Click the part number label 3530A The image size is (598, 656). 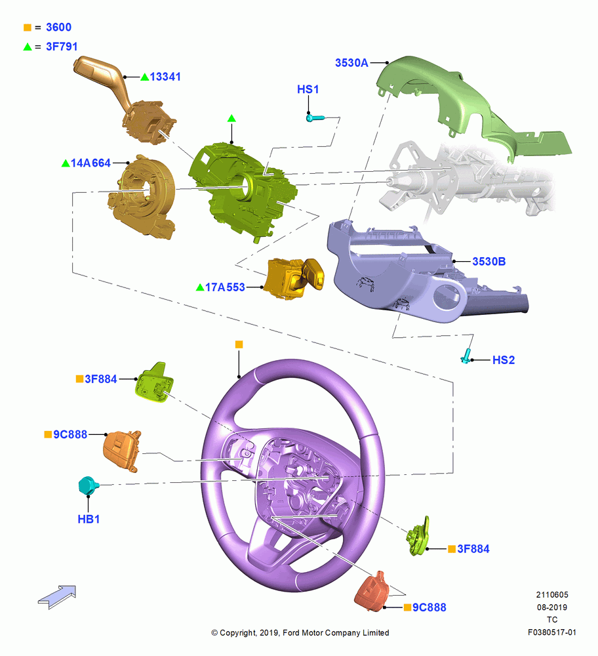pyautogui.click(x=351, y=63)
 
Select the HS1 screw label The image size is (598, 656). pyautogui.click(x=308, y=89)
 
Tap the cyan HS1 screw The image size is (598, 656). pyautogui.click(x=315, y=118)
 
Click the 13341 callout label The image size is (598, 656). pyautogui.click(x=165, y=77)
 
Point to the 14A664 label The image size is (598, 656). pyautogui.click(x=90, y=163)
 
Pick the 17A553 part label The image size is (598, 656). pyautogui.click(x=225, y=287)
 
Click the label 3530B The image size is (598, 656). pyautogui.click(x=489, y=262)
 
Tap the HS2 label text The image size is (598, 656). pyautogui.click(x=504, y=359)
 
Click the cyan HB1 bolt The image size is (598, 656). pyautogui.click(x=89, y=485)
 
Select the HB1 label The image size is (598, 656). pyautogui.click(x=89, y=519)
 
